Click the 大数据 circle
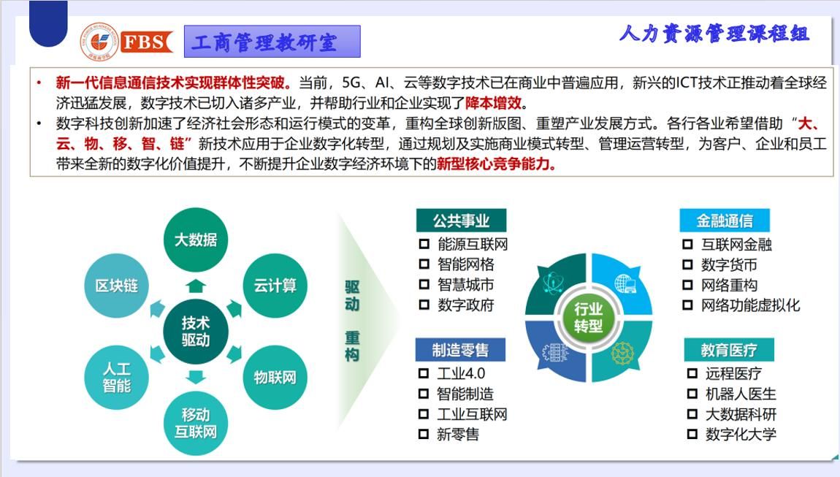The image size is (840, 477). click(x=196, y=240)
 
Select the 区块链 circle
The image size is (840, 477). click(x=116, y=286)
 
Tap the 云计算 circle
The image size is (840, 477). click(x=275, y=286)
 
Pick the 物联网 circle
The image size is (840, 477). click(x=275, y=378)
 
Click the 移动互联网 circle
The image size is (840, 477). click(x=196, y=424)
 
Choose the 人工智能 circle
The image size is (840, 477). click(x=116, y=378)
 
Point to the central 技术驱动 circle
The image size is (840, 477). click(x=196, y=332)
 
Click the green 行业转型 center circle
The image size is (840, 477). click(x=588, y=317)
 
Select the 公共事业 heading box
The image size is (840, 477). click(x=461, y=221)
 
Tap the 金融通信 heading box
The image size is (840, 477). click(x=725, y=221)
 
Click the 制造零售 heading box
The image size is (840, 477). click(x=460, y=350)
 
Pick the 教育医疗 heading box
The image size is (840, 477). click(x=728, y=350)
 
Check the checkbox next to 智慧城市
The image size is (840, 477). click(x=424, y=285)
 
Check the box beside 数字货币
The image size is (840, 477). click(x=687, y=264)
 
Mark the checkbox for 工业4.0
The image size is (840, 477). click(x=423, y=373)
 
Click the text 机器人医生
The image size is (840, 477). click(x=741, y=394)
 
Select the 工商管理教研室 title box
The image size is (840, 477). click(x=272, y=41)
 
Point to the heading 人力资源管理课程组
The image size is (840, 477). click(x=714, y=34)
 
